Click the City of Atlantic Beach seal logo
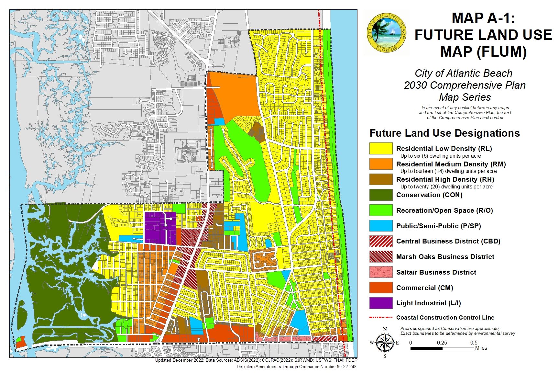click(386, 33)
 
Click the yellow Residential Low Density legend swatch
click(381, 148)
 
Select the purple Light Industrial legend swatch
click(381, 303)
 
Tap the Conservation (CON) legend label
click(429, 195)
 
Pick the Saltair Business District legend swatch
click(381, 272)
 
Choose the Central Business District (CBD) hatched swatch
click(381, 241)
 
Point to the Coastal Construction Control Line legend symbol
click(381, 318)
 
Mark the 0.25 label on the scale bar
click(442, 343)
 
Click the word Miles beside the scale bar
click(481, 348)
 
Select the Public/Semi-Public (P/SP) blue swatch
click(381, 226)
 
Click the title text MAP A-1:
click(483, 18)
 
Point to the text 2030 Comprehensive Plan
click(465, 85)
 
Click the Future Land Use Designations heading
click(444, 133)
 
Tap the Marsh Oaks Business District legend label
click(445, 257)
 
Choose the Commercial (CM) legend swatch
click(381, 288)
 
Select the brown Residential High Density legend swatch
click(381, 179)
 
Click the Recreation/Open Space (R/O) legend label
click(444, 210)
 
